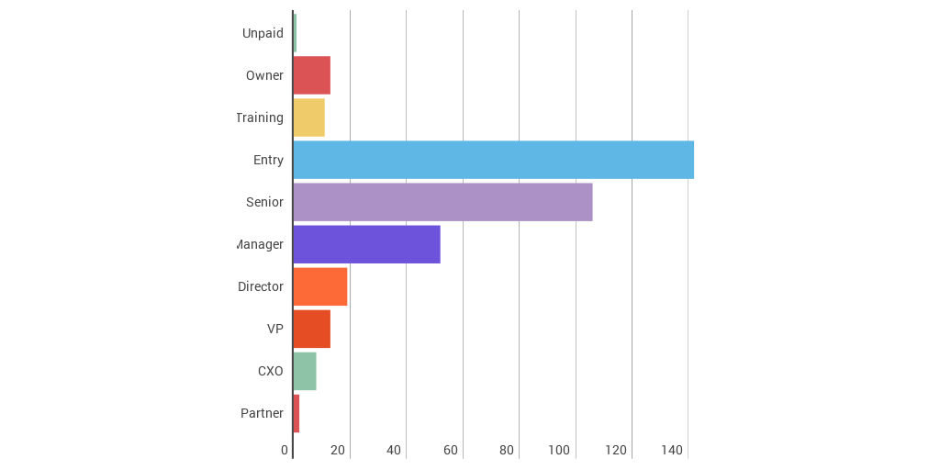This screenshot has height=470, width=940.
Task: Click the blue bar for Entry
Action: [x=493, y=160]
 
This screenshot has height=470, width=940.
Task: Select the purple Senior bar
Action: [x=442, y=202]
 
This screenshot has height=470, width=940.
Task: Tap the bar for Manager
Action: [x=366, y=244]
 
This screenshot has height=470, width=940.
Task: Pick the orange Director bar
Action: [x=320, y=286]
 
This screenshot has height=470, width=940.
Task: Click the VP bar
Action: [x=312, y=329]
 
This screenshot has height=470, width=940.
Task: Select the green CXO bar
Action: [x=305, y=371]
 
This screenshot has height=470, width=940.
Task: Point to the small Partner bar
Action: [x=297, y=413]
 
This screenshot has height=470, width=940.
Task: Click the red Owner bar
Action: [x=312, y=75]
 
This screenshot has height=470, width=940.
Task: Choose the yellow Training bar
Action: [x=309, y=117]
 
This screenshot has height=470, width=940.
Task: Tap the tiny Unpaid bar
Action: [x=295, y=33]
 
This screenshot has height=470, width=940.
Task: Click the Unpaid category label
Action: [x=263, y=33]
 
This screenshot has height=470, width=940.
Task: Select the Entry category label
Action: [x=268, y=160]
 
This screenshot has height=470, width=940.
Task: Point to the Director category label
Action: [x=261, y=286]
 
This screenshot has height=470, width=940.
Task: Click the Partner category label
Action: [x=262, y=413]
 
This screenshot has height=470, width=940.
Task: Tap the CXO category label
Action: [x=270, y=371]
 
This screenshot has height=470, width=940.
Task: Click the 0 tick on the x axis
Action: [x=285, y=450]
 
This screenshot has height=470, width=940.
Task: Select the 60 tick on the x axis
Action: [x=450, y=450]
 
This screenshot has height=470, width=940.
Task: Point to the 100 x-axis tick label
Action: [x=559, y=450]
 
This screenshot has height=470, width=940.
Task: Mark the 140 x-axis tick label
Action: [x=672, y=450]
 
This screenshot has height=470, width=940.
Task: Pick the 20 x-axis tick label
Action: [x=338, y=450]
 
